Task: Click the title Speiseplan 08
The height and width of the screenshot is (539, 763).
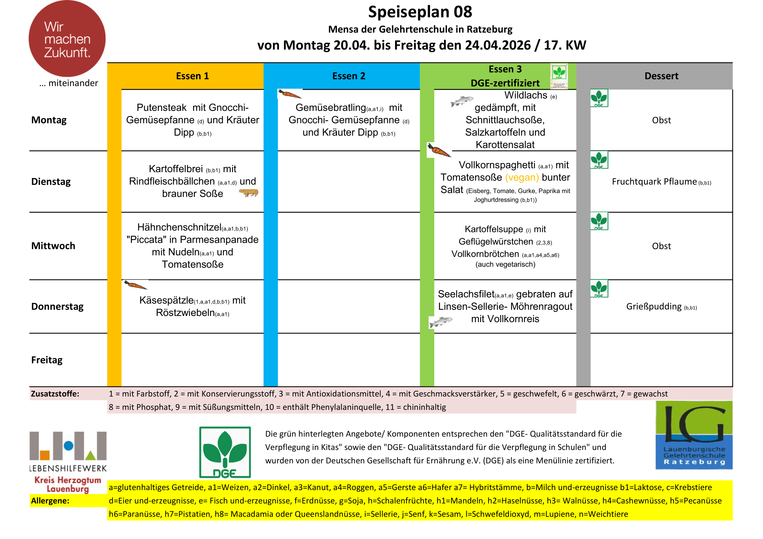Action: (x=420, y=12)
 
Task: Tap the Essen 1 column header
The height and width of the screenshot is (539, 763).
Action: (x=192, y=76)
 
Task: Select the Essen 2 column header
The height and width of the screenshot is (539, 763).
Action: (x=349, y=76)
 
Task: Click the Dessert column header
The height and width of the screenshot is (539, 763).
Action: (x=661, y=76)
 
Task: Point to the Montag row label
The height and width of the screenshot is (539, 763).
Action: (x=49, y=120)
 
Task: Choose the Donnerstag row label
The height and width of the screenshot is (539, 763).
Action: (x=57, y=306)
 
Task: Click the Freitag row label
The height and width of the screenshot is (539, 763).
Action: (x=47, y=360)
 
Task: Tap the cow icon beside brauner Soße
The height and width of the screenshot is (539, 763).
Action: (x=249, y=193)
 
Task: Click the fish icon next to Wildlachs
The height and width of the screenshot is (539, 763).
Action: (x=462, y=101)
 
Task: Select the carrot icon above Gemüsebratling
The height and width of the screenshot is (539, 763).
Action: (x=289, y=94)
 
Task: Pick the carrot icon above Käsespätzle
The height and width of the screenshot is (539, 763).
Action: (x=135, y=285)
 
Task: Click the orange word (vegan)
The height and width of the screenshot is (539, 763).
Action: (x=522, y=177)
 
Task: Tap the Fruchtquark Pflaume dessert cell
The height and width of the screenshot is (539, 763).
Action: (x=661, y=182)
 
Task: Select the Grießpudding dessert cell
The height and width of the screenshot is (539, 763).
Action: (x=661, y=306)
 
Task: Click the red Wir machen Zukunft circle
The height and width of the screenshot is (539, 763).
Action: (x=67, y=39)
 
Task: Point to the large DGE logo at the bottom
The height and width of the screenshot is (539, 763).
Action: (x=225, y=452)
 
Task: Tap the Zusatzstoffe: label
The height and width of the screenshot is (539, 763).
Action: (x=55, y=394)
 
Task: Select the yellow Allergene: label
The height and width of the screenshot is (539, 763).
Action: (x=50, y=501)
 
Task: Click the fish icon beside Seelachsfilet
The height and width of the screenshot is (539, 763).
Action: (x=441, y=322)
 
